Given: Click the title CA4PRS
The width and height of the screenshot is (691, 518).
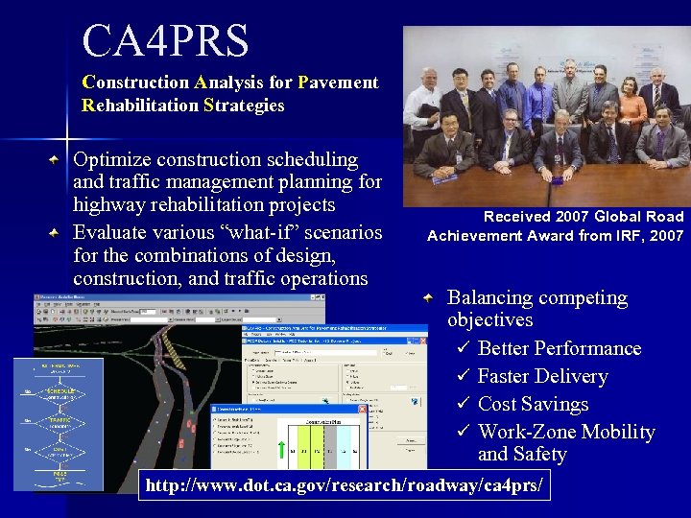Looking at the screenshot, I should (x=165, y=41).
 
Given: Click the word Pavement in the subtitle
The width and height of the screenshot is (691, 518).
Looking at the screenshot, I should (x=338, y=82).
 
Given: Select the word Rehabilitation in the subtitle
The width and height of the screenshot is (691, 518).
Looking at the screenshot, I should (x=141, y=106).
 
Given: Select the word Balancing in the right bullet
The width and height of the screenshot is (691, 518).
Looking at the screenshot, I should (x=489, y=298).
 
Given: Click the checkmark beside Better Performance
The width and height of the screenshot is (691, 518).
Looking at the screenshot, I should (x=462, y=348).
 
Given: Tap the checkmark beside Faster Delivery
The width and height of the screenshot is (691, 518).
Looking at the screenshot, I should (x=462, y=376).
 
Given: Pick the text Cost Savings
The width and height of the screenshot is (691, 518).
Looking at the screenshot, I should (x=533, y=404).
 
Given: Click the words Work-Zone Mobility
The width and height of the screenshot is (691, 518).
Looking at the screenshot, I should (x=566, y=432).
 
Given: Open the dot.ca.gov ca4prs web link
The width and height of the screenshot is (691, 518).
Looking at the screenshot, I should (x=345, y=486).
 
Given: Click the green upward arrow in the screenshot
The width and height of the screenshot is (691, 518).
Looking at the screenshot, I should (x=280, y=448).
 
